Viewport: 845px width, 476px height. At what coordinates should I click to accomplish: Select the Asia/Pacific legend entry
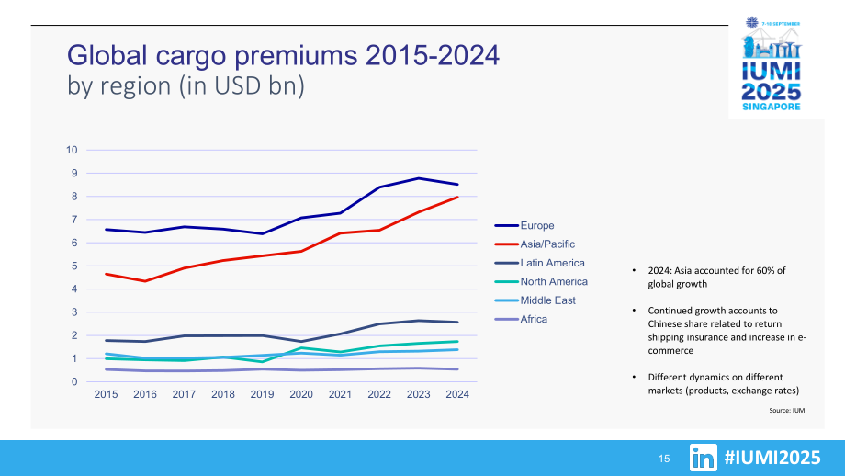tap(535, 244)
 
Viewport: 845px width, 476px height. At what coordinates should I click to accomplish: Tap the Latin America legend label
tap(552, 263)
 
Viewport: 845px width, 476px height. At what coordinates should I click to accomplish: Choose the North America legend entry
tap(541, 282)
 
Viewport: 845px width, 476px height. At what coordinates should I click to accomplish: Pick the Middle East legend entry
tap(535, 300)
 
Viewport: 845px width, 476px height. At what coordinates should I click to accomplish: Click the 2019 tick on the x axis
tap(262, 394)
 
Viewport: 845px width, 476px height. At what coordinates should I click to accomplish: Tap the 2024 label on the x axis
tap(457, 394)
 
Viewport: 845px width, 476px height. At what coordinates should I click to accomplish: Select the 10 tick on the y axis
tap(72, 150)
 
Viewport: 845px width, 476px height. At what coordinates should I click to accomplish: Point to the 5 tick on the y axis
tap(74, 266)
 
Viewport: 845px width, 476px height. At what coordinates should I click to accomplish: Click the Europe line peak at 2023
tap(419, 178)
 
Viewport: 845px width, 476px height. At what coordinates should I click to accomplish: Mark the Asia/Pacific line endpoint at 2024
tap(457, 198)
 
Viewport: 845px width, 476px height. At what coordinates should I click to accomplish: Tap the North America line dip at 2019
tap(262, 362)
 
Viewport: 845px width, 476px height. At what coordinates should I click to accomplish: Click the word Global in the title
tap(107, 55)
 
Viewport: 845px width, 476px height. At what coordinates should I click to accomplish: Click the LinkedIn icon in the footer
tap(704, 458)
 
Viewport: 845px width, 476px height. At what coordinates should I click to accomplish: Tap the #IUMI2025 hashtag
tap(772, 458)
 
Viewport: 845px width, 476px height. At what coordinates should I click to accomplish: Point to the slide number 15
tap(664, 459)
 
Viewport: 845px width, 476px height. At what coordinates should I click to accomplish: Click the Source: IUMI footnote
tap(788, 410)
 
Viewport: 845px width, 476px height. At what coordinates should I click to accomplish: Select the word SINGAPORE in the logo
tap(772, 107)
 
